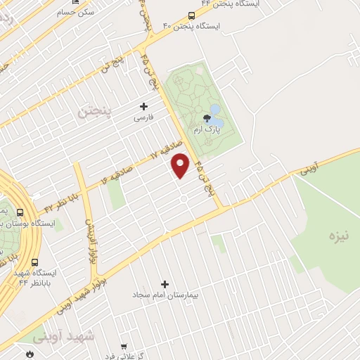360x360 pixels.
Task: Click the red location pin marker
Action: [181, 165]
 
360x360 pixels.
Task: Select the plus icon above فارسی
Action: [144, 106]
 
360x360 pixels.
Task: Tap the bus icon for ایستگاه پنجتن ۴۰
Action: [192, 15]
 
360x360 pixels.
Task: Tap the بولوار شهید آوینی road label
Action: [93, 285]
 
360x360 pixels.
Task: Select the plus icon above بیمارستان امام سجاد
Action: [165, 284]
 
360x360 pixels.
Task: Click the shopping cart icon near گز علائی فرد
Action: [124, 347]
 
